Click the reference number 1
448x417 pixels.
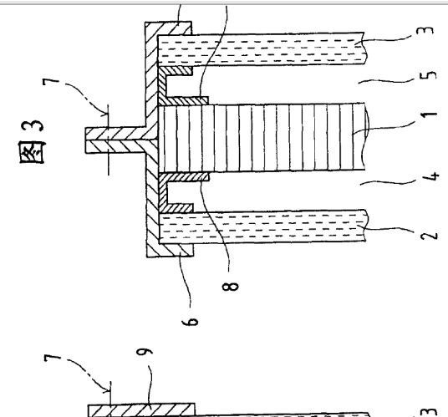tap(429, 114)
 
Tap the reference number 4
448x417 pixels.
tap(430, 176)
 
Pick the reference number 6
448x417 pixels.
tap(190, 322)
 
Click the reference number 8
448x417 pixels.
tap(230, 287)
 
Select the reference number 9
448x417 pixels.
tap(145, 351)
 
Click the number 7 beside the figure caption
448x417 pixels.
tap(51, 81)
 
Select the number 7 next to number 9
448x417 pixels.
tap(53, 358)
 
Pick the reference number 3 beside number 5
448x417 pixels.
tap(425, 30)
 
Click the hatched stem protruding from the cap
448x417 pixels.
tap(115, 140)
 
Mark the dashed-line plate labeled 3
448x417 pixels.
tap(261, 48)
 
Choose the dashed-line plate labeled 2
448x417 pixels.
tap(262, 227)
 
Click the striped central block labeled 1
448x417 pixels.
tap(262, 138)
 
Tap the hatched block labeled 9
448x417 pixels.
tap(141, 410)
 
